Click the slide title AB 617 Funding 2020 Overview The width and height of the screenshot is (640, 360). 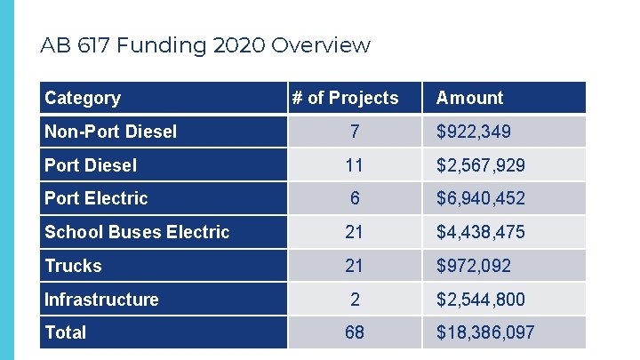[205, 45]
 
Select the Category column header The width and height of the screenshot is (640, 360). [83, 98]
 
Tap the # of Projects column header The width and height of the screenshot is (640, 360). [345, 98]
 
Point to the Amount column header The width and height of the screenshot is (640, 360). [469, 98]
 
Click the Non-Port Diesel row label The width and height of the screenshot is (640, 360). [110, 132]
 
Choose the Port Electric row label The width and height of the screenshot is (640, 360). [96, 198]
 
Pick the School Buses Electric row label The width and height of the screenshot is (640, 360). [137, 232]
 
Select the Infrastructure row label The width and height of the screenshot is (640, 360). [101, 300]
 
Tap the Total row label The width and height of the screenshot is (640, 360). [66, 332]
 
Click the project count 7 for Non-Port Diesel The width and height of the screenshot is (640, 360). [355, 132]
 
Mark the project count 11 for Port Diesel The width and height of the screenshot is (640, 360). [355, 165]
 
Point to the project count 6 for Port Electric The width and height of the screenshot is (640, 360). [355, 198]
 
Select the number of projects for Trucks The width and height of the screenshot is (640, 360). [355, 266]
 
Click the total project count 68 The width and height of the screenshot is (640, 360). [355, 332]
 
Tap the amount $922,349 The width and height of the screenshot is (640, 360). [473, 132]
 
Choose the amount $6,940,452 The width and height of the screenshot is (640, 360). [480, 198]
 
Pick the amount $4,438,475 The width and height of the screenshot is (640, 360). [480, 232]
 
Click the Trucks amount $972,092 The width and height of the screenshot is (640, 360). [473, 266]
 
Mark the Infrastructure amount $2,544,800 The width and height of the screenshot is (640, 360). [480, 300]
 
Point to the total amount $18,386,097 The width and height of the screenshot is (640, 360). [484, 332]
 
